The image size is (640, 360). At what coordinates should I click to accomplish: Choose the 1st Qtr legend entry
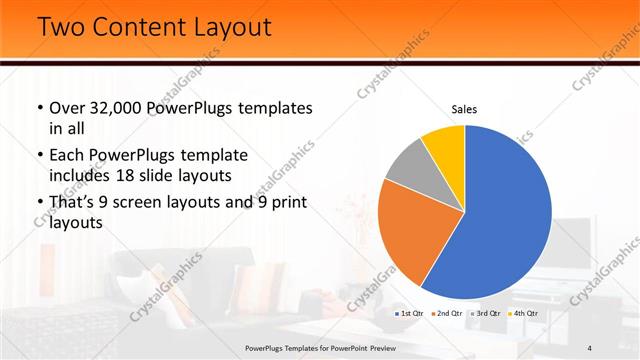pos(411,313)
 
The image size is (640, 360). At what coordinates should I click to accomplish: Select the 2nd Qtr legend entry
pos(447,313)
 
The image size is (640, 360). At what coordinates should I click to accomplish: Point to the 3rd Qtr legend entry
pos(486,313)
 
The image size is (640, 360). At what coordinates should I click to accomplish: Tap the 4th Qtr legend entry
pos(523,313)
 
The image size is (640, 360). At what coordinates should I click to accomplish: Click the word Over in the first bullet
pos(67,107)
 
